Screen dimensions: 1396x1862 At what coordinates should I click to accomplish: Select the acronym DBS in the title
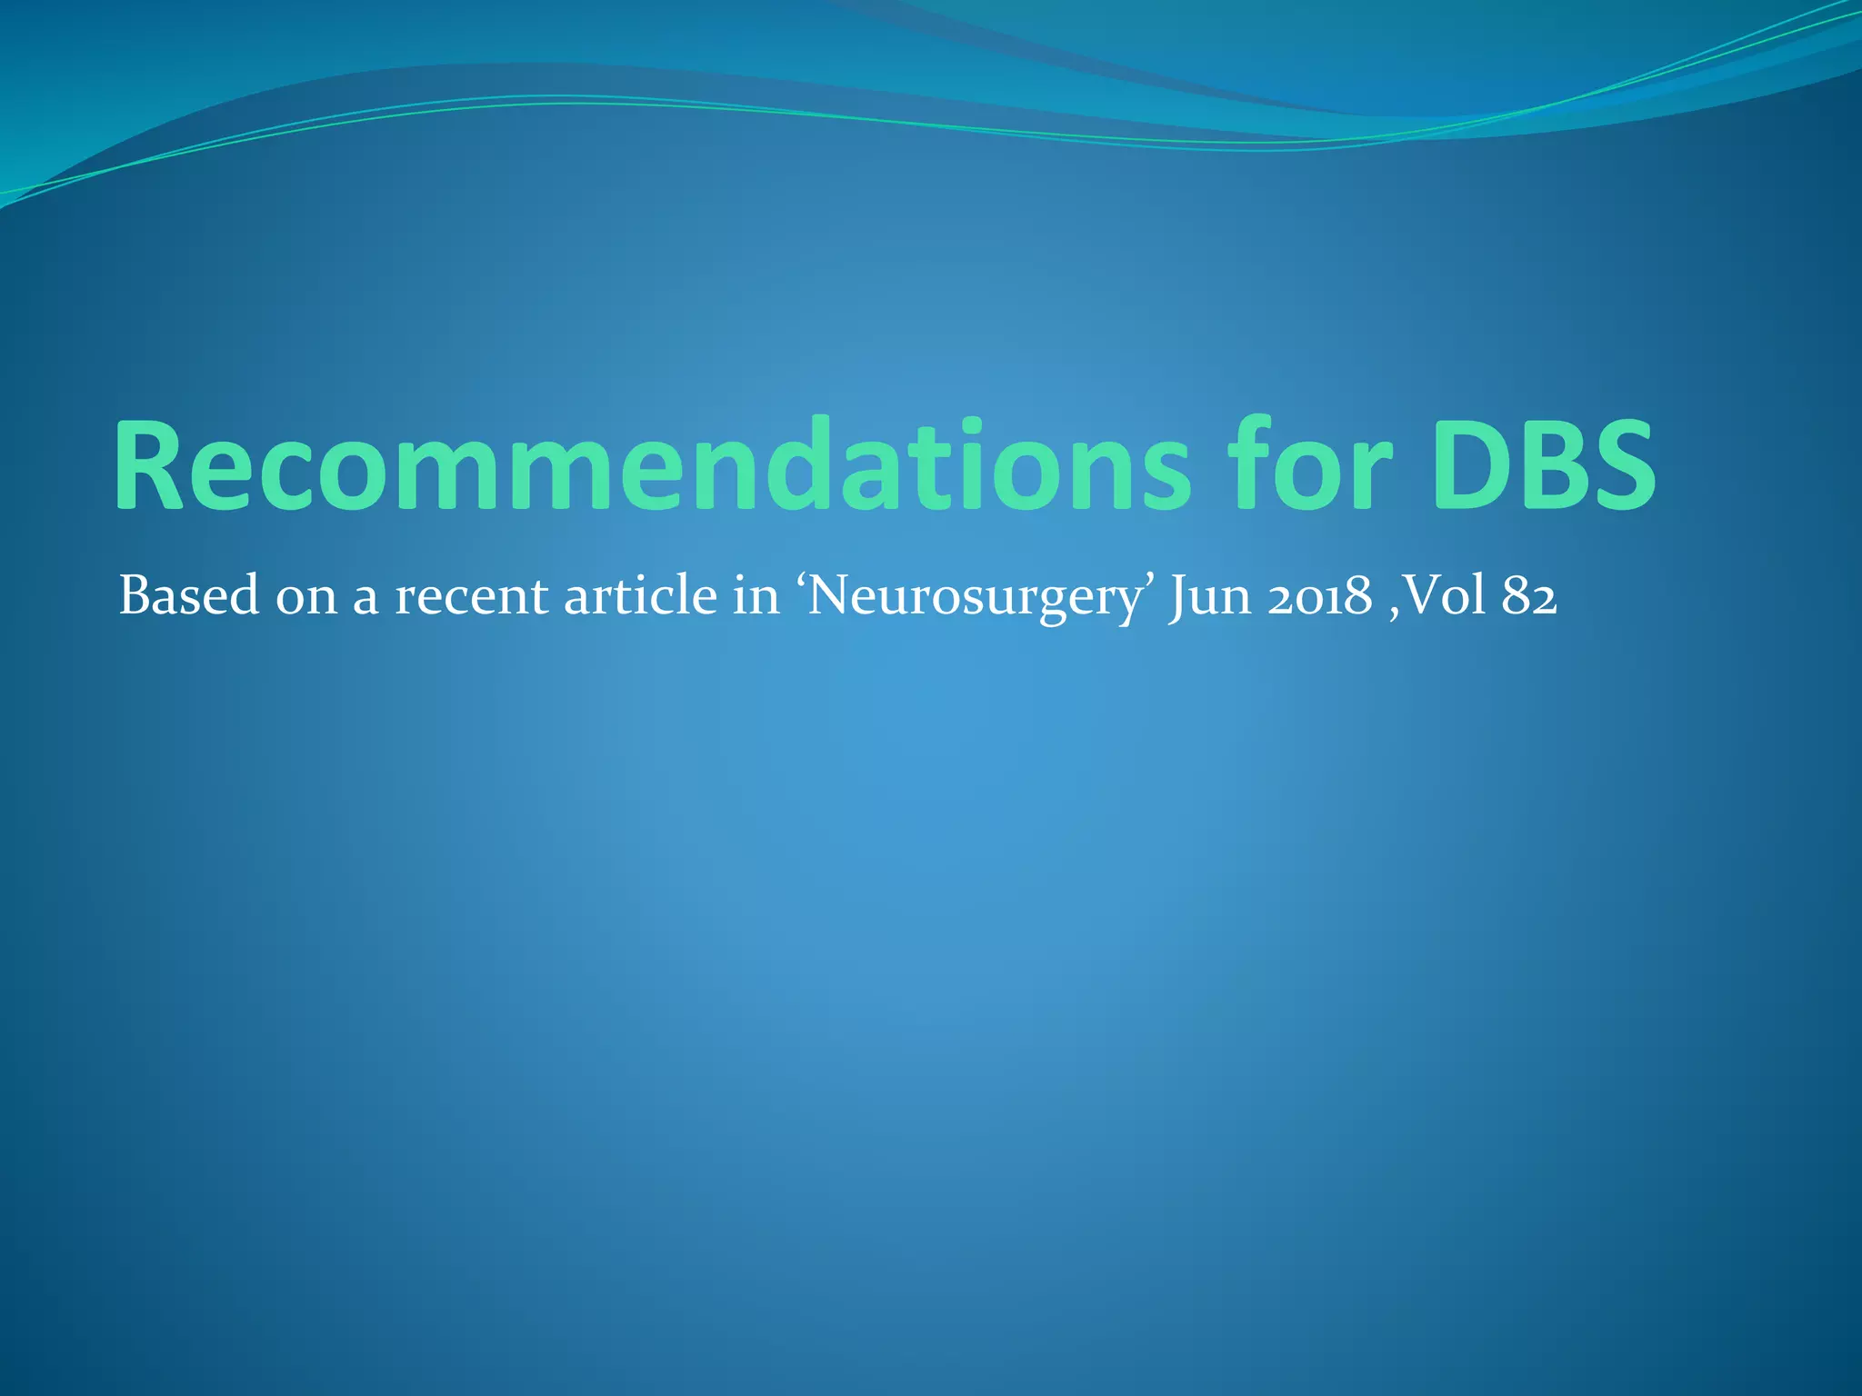(1544, 466)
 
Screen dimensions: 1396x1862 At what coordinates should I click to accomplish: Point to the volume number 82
(1530, 596)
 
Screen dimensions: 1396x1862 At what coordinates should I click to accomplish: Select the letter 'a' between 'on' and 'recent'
(365, 601)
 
